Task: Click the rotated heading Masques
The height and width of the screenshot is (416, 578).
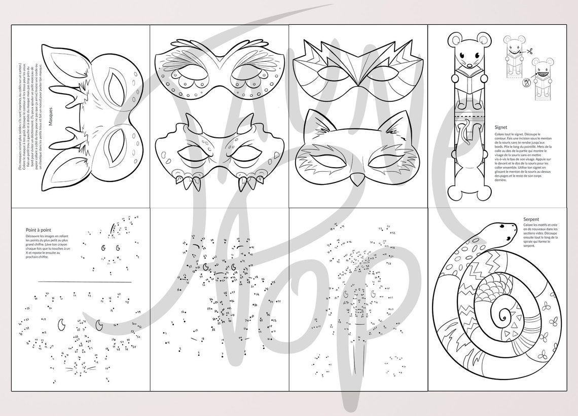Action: pos(50,116)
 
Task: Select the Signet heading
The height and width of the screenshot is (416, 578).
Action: pos(501,127)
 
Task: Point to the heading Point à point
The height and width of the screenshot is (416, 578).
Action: pos(38,230)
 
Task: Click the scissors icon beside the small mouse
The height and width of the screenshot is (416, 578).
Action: pos(529,51)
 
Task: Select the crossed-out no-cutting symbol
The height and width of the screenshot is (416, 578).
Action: pos(527,81)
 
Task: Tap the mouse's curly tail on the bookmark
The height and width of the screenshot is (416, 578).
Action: pos(465,136)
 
